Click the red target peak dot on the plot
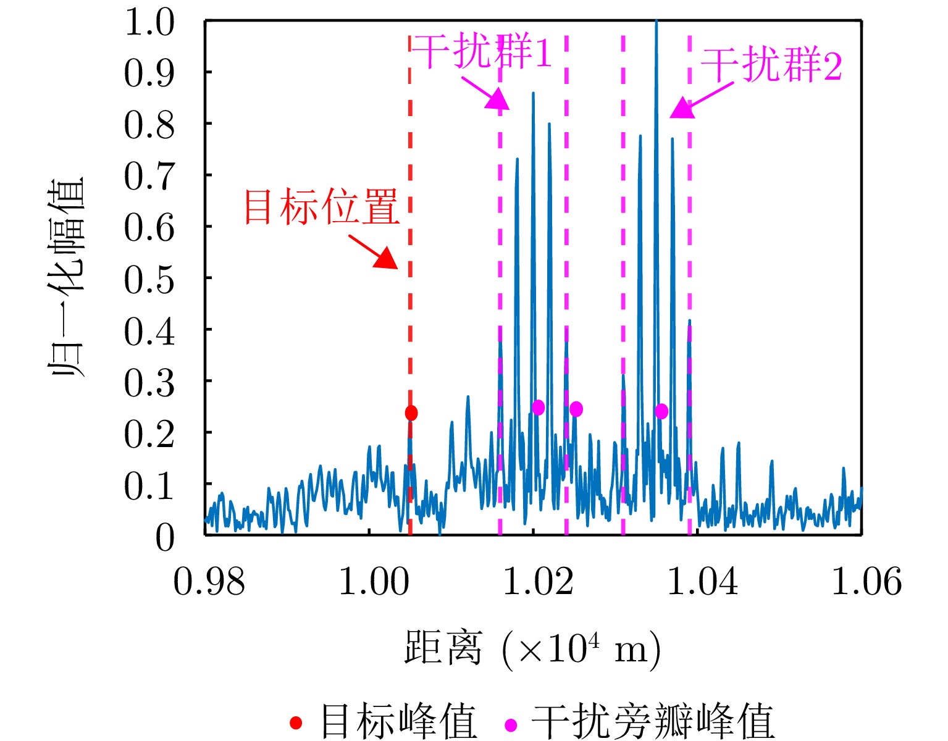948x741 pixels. point(411,413)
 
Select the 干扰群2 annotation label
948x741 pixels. point(771,65)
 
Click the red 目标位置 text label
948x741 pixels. point(321,207)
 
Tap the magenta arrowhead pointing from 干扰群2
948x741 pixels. point(681,109)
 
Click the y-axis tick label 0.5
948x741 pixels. point(149,280)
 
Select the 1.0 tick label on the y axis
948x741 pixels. point(149,23)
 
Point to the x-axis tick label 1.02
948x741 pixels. point(539,582)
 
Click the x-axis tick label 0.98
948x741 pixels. point(209,582)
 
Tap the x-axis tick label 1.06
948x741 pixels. point(866,582)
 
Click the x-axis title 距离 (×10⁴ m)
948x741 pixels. point(532,648)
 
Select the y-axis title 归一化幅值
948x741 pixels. point(67,278)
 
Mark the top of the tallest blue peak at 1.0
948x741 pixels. point(656,22)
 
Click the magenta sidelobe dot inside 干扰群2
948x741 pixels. point(661,411)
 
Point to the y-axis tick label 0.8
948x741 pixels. point(149,126)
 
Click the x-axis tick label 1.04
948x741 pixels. point(703,582)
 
